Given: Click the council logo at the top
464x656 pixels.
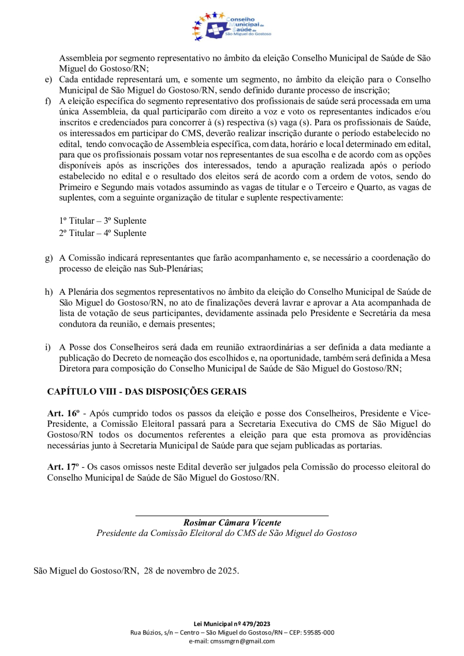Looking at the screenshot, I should click(231, 27).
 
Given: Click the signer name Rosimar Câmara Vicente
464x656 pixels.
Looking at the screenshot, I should click(232, 523).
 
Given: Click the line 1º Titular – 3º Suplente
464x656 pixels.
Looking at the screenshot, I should click(103, 221).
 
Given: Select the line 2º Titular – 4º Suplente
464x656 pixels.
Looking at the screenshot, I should click(103, 233).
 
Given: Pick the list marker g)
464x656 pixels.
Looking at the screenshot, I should click(48, 258).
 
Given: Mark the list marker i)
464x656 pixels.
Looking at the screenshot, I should click(47, 347).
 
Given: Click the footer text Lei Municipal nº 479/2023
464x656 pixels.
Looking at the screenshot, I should click(231, 624).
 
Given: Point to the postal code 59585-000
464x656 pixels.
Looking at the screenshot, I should click(317, 632).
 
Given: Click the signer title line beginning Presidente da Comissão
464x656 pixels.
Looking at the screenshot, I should click(226, 533).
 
